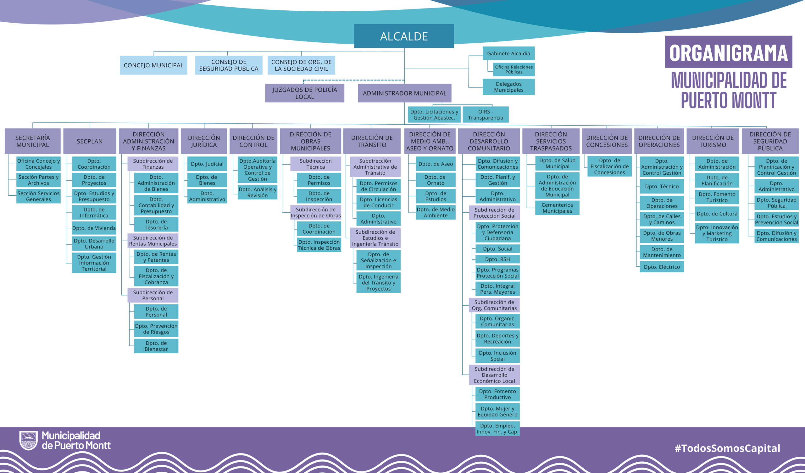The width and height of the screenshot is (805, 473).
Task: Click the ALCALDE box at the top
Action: (x=404, y=36)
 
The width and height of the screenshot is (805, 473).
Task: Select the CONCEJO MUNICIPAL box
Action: (x=153, y=65)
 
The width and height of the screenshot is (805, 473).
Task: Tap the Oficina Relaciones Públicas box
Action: (x=514, y=69)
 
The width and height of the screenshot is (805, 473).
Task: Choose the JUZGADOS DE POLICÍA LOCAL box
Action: (x=304, y=93)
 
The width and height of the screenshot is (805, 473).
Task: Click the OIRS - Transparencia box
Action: (x=485, y=115)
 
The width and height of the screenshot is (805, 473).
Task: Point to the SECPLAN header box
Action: (x=89, y=141)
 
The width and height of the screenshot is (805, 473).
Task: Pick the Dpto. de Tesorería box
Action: (x=156, y=224)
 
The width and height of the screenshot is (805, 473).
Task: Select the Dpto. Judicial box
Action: (x=207, y=164)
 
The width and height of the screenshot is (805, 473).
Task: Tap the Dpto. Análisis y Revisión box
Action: (x=258, y=192)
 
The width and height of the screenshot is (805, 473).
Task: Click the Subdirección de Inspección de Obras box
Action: (x=316, y=212)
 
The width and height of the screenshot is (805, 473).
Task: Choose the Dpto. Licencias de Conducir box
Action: (x=378, y=202)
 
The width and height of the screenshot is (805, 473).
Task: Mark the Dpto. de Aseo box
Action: (x=436, y=164)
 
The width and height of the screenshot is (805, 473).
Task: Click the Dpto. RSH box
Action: (x=497, y=259)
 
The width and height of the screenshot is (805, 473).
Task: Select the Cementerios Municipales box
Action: (x=557, y=208)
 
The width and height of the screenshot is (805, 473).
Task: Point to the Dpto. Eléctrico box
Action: (x=662, y=267)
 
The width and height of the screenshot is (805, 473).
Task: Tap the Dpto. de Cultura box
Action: (x=717, y=214)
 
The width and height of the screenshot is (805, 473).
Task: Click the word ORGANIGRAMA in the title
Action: (x=728, y=52)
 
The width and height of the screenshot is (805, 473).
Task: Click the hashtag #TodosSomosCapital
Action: (x=727, y=448)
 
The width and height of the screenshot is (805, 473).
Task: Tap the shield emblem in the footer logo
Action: (x=28, y=440)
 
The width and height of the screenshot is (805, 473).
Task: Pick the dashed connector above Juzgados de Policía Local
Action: (x=351, y=80)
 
